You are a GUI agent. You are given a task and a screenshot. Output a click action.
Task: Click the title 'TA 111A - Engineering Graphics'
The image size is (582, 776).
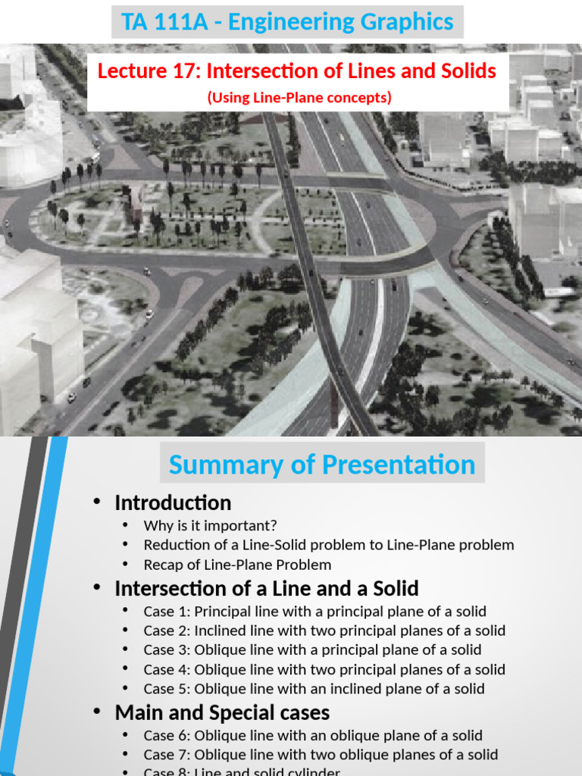tap(287, 21)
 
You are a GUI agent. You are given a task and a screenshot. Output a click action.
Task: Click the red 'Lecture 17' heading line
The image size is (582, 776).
tap(297, 72)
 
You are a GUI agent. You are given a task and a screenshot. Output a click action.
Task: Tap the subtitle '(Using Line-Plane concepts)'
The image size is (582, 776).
tap(299, 98)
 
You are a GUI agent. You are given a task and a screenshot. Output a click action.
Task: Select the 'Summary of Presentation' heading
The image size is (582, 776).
tap(322, 465)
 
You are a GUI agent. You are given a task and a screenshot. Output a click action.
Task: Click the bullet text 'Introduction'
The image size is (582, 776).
tap(173, 502)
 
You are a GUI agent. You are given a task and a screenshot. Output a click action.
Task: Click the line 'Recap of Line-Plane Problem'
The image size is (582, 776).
tap(237, 565)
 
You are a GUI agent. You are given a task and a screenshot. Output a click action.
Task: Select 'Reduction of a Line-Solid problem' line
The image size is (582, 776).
tap(328, 545)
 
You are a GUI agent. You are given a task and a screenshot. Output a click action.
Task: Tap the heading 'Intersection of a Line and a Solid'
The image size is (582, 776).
tap(267, 589)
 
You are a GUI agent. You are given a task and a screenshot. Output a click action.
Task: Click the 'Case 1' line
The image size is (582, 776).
tap(314, 612)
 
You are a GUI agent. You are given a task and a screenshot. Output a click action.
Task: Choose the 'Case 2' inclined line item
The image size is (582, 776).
tap(324, 630)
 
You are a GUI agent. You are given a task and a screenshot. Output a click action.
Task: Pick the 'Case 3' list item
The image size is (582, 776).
tap(312, 649)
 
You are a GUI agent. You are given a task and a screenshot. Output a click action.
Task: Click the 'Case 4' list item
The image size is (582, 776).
tap(324, 669)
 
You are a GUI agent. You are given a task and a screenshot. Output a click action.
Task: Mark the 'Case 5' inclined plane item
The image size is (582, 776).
tap(314, 689)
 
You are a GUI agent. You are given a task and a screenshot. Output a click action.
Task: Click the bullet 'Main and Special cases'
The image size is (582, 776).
tap(222, 713)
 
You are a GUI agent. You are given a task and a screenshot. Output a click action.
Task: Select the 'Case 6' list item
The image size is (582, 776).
tap(313, 735)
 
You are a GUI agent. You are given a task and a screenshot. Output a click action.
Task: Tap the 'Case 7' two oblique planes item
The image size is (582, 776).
tap(321, 755)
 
